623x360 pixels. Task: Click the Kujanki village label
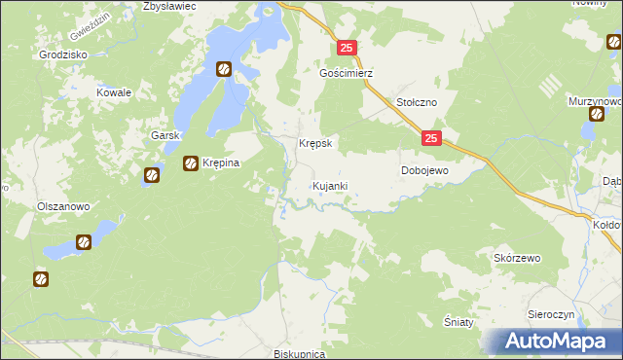coord(329,185)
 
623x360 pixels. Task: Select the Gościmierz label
coord(347,73)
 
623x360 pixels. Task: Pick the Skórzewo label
coord(517,258)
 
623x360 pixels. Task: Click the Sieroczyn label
coord(553,315)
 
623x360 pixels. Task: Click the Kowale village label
coord(113,91)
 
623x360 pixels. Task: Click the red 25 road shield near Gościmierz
coord(349,48)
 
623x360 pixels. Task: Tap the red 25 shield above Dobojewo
coord(433,140)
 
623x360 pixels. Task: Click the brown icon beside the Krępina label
coord(191,163)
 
